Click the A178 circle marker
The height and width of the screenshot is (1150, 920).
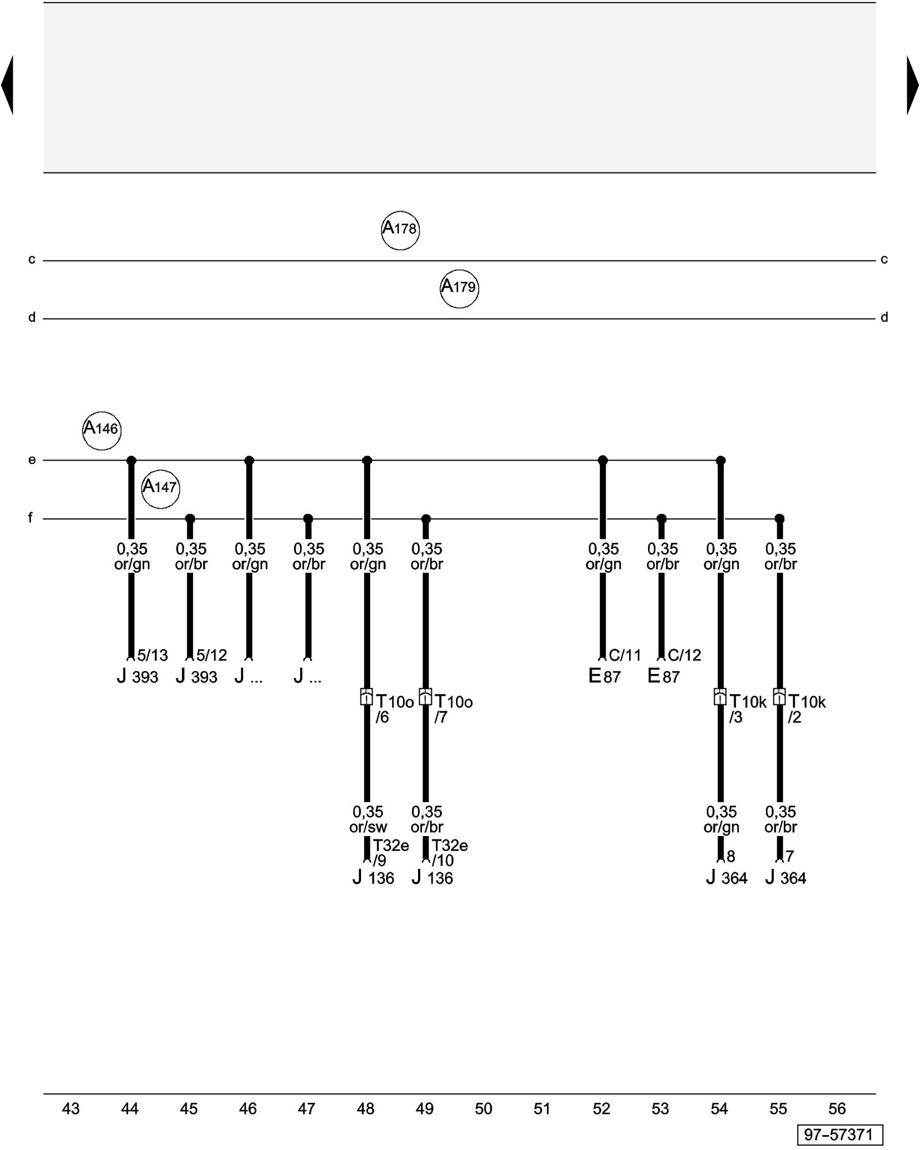[400, 230]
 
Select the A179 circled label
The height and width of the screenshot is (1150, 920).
[459, 288]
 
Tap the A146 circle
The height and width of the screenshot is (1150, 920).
[102, 430]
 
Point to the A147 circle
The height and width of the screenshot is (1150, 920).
[160, 489]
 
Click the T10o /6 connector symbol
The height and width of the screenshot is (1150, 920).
[366, 697]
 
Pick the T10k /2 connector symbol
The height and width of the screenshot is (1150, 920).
[779, 697]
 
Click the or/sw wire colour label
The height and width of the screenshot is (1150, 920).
[368, 827]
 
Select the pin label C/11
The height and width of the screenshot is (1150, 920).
[624, 655]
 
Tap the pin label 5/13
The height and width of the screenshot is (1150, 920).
[152, 655]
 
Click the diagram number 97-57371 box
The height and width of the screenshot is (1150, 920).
[839, 1134]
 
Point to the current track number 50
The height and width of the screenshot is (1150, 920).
[484, 1109]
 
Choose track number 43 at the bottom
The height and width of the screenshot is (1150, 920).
[71, 1109]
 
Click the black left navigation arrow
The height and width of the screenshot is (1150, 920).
[7, 85]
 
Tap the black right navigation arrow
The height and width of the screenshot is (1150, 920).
[913, 85]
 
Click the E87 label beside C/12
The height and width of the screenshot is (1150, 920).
[664, 676]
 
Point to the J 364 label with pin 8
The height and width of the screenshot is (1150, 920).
[727, 877]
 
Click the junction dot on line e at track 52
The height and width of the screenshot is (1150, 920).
[603, 460]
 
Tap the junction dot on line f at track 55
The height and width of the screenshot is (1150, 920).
[780, 519]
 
